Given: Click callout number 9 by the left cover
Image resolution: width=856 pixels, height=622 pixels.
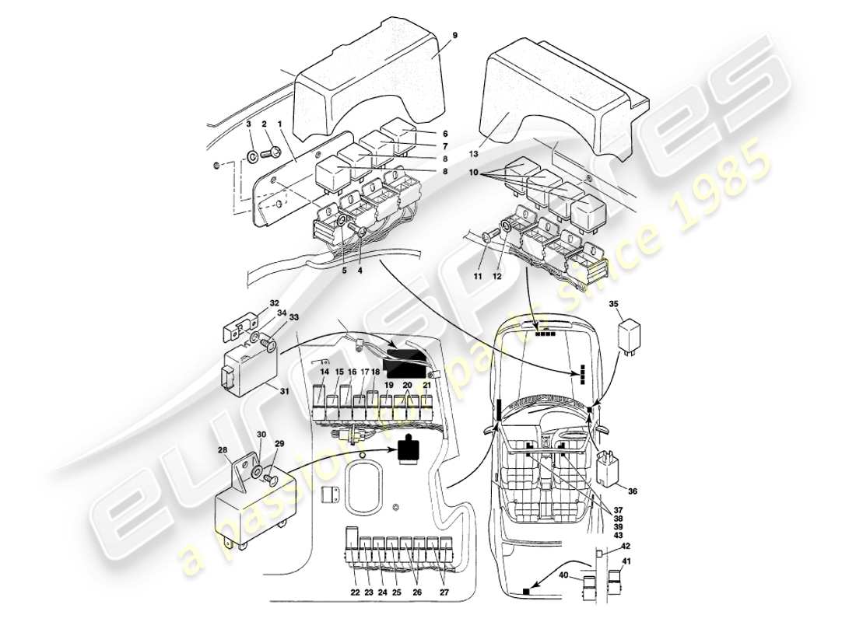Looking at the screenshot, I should point(454,36).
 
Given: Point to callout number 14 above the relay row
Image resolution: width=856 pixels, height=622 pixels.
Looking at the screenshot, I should point(325,372).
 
